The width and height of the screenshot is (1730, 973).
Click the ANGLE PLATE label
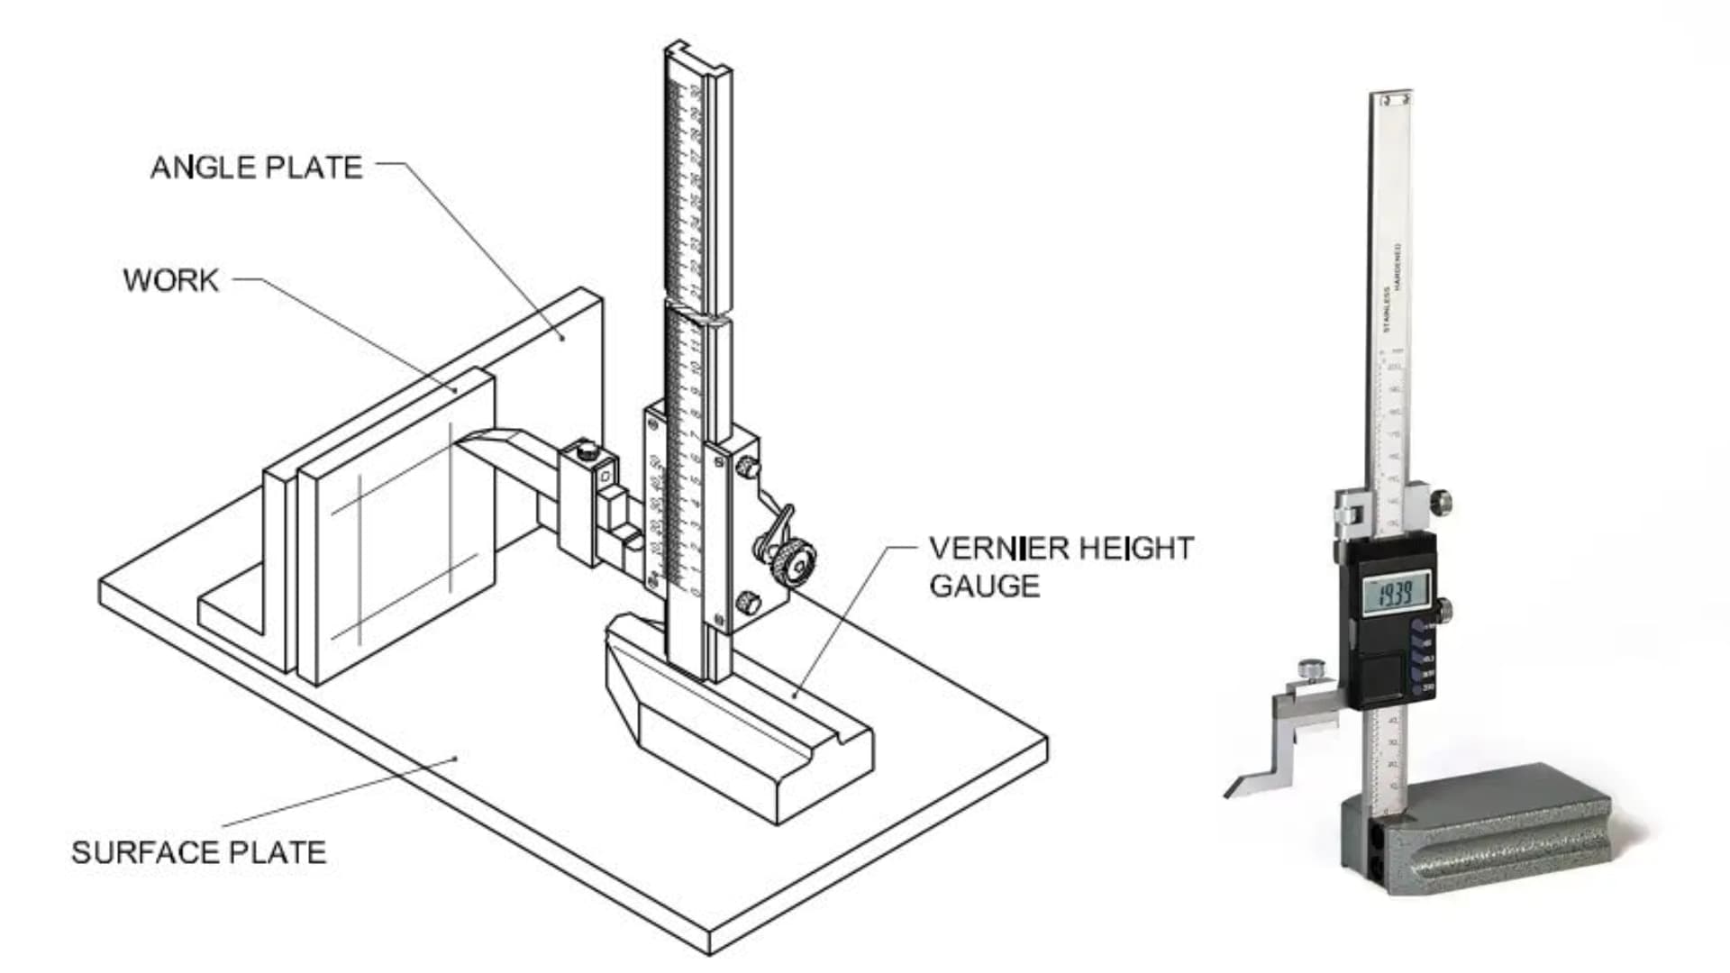click(256, 168)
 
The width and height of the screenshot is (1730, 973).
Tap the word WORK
click(171, 280)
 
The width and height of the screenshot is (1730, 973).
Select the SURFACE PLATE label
click(198, 852)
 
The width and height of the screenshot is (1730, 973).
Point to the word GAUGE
click(984, 587)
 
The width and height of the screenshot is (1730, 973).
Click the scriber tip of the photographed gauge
click(1231, 792)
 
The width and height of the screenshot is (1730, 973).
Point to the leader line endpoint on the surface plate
click(456, 758)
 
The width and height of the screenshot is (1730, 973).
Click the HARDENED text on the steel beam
click(1398, 267)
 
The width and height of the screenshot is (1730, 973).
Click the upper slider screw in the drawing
click(747, 467)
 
